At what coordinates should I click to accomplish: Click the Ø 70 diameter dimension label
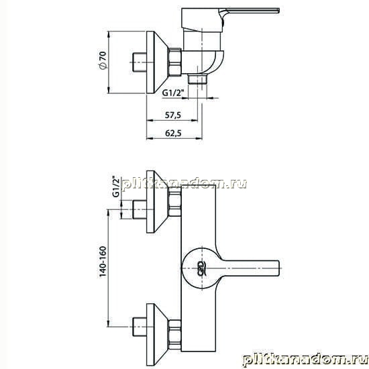(x=103, y=60)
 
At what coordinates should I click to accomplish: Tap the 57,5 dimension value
(x=173, y=115)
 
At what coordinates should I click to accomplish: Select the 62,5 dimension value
(x=174, y=134)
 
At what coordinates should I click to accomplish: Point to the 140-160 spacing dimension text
(x=103, y=262)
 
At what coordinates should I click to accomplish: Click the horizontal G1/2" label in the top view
(x=172, y=93)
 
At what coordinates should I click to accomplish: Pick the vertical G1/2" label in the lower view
(x=116, y=187)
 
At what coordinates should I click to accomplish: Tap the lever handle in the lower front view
(x=250, y=268)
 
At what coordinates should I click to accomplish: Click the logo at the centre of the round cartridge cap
(x=203, y=268)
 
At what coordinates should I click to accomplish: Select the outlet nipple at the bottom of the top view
(x=197, y=79)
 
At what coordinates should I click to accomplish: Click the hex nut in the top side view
(x=175, y=62)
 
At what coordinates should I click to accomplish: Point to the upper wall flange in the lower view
(x=157, y=202)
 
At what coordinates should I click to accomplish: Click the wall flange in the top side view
(x=157, y=62)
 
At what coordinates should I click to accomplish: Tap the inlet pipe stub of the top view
(x=140, y=62)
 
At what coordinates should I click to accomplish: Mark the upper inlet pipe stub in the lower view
(x=140, y=209)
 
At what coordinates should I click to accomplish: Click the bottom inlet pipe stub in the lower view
(x=140, y=327)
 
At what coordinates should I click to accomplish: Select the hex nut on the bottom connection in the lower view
(x=175, y=335)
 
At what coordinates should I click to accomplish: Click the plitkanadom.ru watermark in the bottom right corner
(x=305, y=359)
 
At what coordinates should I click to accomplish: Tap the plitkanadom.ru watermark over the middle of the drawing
(x=184, y=184)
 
